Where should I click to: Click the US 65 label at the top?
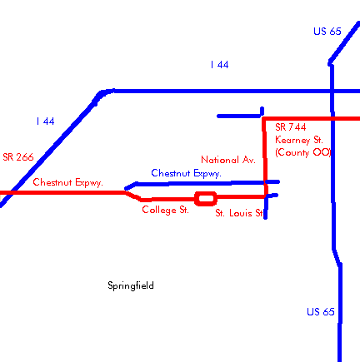point(327,31)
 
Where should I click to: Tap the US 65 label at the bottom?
point(321,311)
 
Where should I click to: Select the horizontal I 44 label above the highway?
point(219,65)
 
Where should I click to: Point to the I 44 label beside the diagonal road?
point(45,121)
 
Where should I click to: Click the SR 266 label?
point(18,157)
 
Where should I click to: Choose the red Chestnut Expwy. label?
point(67,182)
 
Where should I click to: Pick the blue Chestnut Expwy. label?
point(186,173)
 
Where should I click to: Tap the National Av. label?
point(228,160)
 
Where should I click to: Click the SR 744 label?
point(291,127)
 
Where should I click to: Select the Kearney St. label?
point(299,140)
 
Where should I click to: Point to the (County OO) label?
point(303,152)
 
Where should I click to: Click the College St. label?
point(165,210)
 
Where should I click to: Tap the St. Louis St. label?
point(239,213)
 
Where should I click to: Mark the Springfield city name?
point(131,285)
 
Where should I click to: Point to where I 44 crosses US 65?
point(332,91)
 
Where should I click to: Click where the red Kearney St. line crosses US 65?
point(332,119)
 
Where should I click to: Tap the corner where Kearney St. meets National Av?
point(263,119)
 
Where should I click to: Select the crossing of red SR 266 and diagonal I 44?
point(10,192)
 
